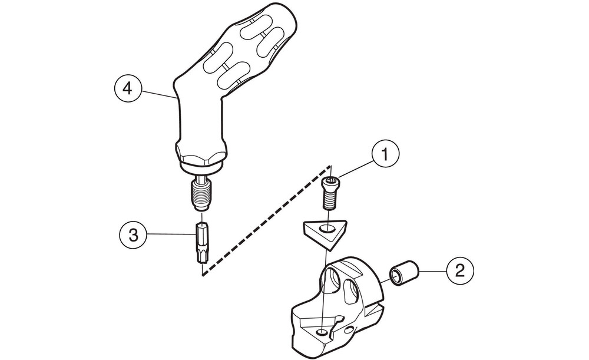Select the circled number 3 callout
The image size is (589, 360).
coord(134,235)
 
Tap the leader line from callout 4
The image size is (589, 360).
coord(158,92)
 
